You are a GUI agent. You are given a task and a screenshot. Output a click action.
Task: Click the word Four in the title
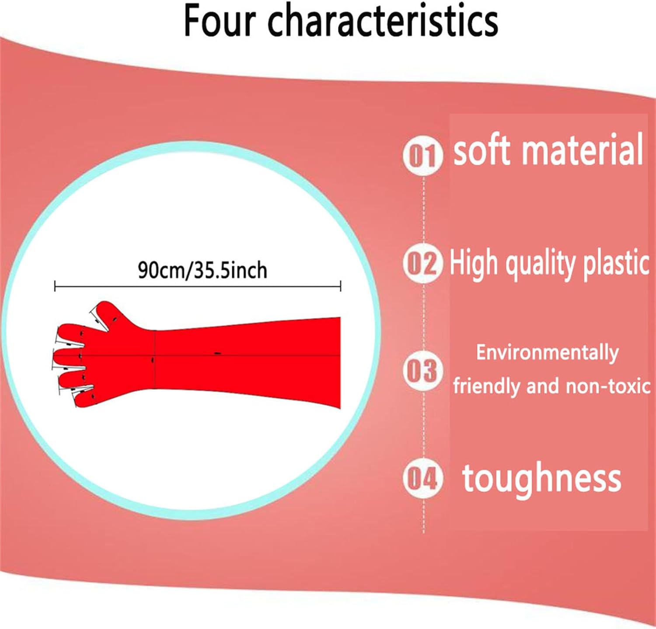click(x=220, y=21)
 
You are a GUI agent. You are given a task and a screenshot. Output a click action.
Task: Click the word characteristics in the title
click(x=383, y=21)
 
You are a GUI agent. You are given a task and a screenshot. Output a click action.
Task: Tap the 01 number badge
click(x=422, y=156)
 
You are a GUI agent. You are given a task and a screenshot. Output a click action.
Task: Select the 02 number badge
click(x=422, y=263)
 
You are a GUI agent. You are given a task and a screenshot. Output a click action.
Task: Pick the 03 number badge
click(x=422, y=371)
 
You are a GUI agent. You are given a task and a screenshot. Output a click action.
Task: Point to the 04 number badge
click(x=422, y=478)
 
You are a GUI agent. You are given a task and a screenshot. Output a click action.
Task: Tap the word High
click(x=474, y=262)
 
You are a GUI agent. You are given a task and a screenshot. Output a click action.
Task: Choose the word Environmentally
click(x=548, y=353)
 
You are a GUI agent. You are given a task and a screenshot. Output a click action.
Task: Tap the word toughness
click(x=542, y=478)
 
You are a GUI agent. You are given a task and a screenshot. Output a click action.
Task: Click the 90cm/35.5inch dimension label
click(x=202, y=270)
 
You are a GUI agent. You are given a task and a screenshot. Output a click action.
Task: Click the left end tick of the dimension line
click(x=55, y=286)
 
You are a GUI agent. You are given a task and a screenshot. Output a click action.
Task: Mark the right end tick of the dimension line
click(x=341, y=286)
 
